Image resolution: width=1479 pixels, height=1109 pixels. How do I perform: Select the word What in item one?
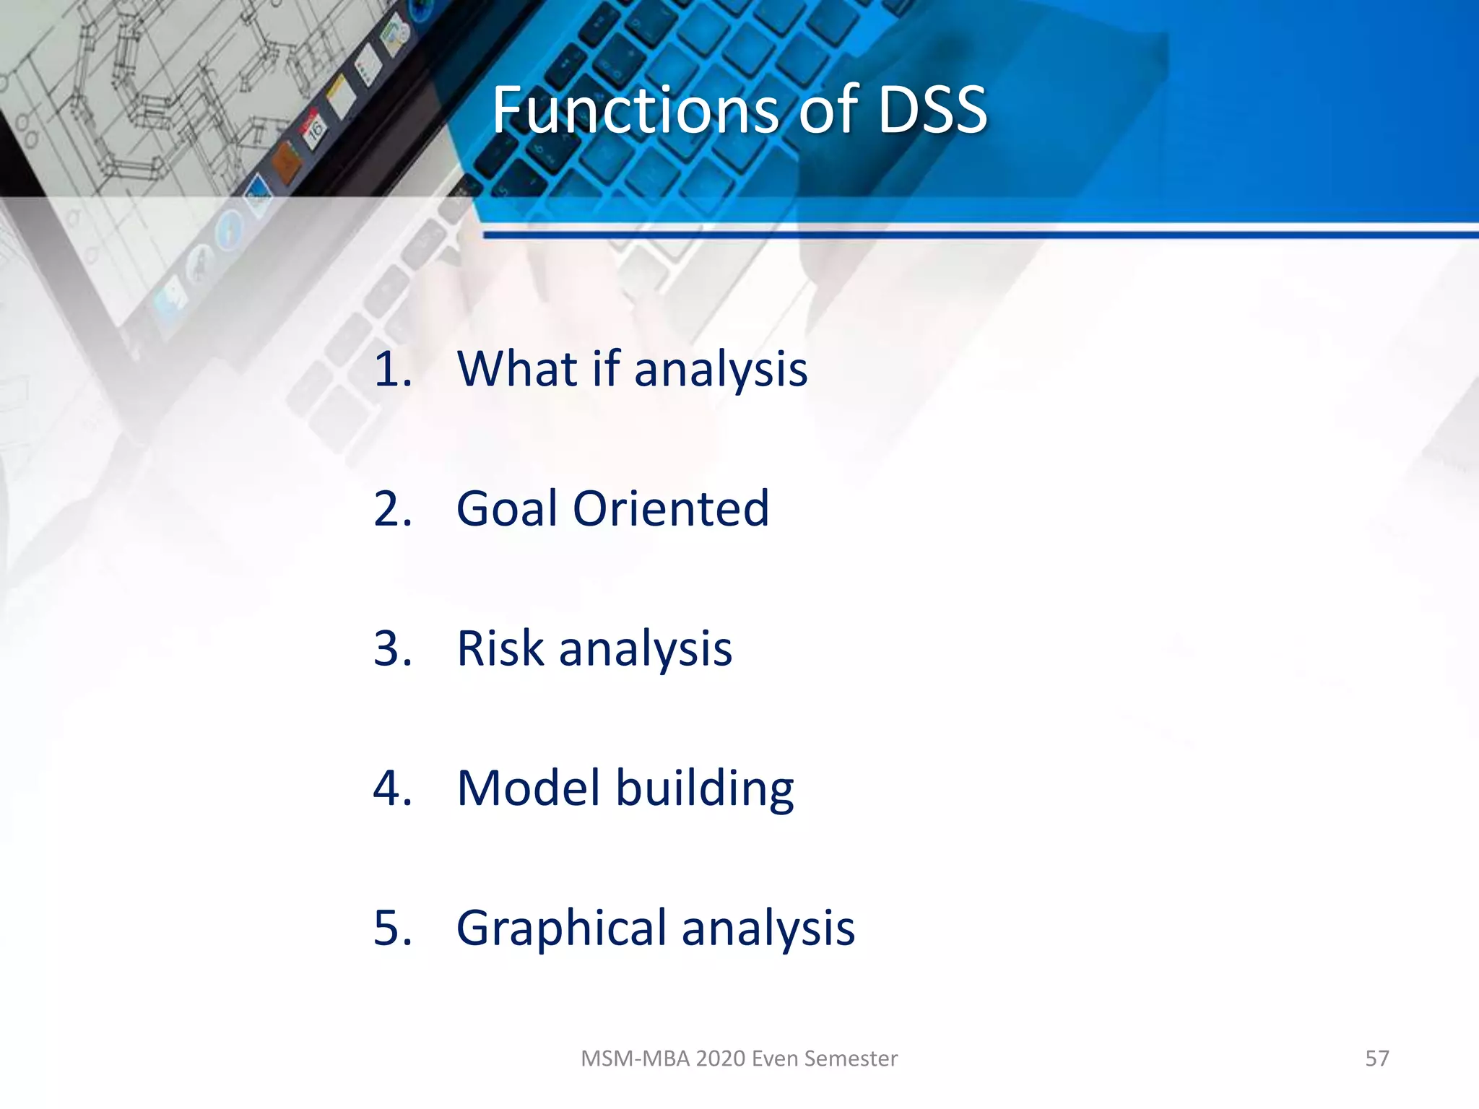click(x=517, y=369)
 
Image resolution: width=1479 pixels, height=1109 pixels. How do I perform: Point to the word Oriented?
click(x=671, y=508)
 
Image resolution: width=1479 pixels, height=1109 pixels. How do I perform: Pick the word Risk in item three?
click(x=500, y=648)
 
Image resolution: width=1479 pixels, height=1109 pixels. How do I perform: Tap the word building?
click(x=704, y=788)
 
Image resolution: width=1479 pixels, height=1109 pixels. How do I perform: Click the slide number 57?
click(x=1376, y=1058)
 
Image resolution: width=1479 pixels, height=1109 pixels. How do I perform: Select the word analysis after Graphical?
click(x=768, y=928)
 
